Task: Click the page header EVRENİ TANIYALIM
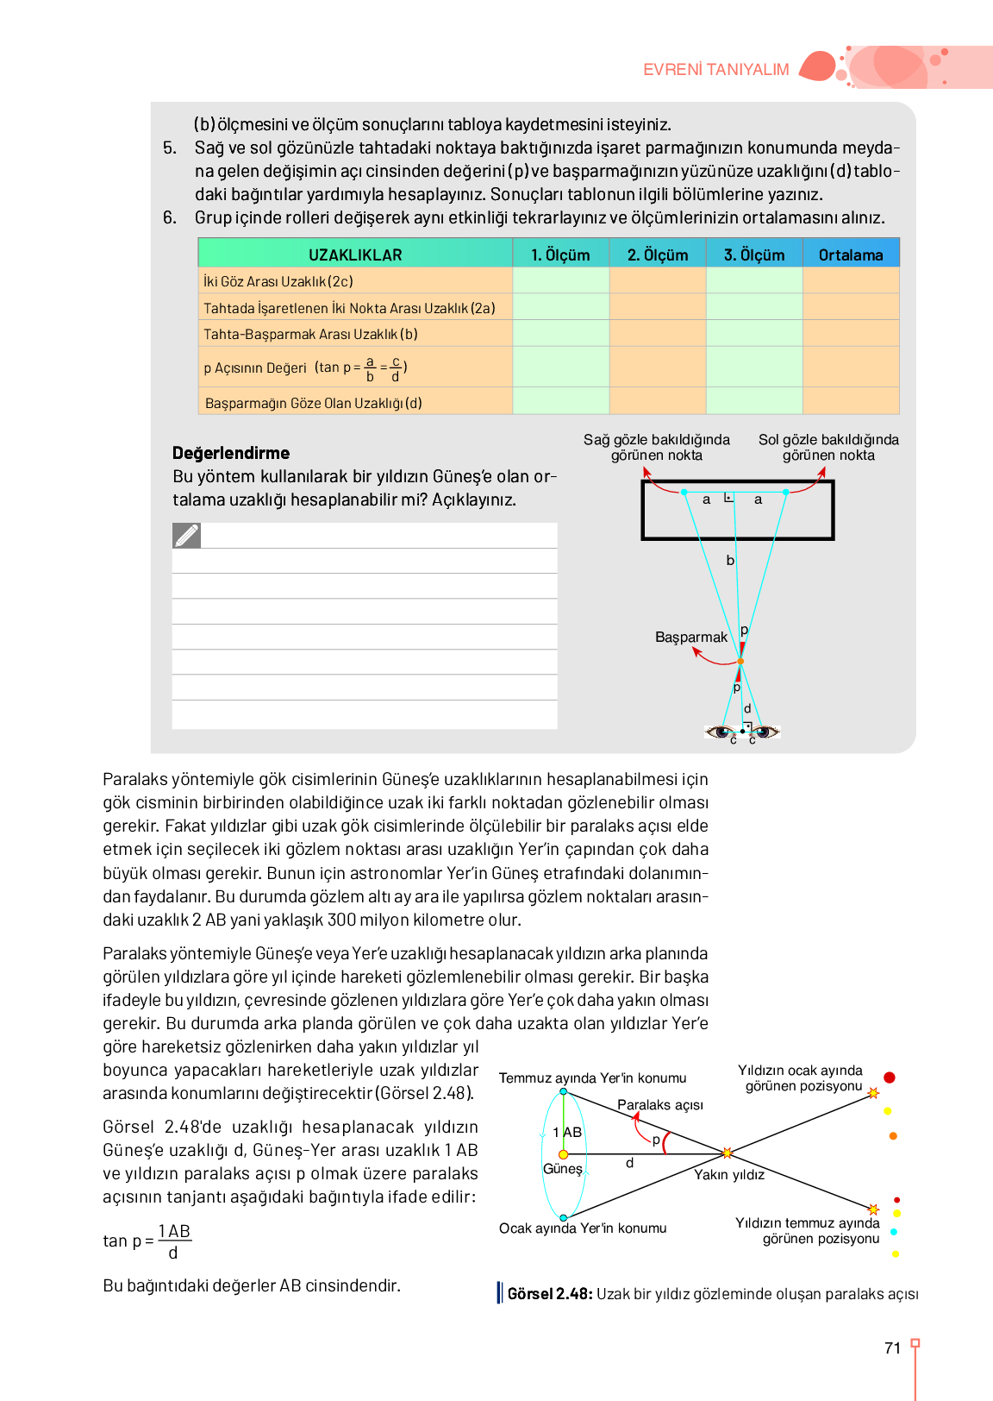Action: pyautogui.click(x=715, y=70)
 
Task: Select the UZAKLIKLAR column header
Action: pyautogui.click(x=355, y=254)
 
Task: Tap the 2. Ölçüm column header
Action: pyautogui.click(x=658, y=254)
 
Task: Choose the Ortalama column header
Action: pyautogui.click(x=851, y=254)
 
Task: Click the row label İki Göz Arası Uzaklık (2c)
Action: pyautogui.click(x=278, y=281)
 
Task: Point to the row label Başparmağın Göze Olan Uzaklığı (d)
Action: pyautogui.click(x=314, y=403)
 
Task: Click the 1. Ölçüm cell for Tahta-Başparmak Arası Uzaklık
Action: pyautogui.click(x=561, y=334)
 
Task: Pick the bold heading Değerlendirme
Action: pyautogui.click(x=231, y=453)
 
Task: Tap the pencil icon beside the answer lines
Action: pyautogui.click(x=186, y=536)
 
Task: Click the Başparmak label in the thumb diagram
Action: pyautogui.click(x=691, y=638)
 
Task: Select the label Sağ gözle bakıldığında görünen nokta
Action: pyautogui.click(x=657, y=448)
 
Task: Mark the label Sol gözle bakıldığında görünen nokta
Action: pyautogui.click(x=828, y=448)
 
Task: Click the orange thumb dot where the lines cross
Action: pyautogui.click(x=740, y=662)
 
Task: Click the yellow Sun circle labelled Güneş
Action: pyautogui.click(x=563, y=1154)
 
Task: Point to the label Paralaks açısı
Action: pyautogui.click(x=660, y=1105)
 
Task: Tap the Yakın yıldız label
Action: pyautogui.click(x=729, y=1175)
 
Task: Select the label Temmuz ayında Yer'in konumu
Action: pyautogui.click(x=593, y=1078)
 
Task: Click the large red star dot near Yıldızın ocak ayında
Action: pyautogui.click(x=890, y=1077)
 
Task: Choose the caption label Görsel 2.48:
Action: pyautogui.click(x=550, y=1294)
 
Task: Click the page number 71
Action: pyautogui.click(x=893, y=1348)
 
